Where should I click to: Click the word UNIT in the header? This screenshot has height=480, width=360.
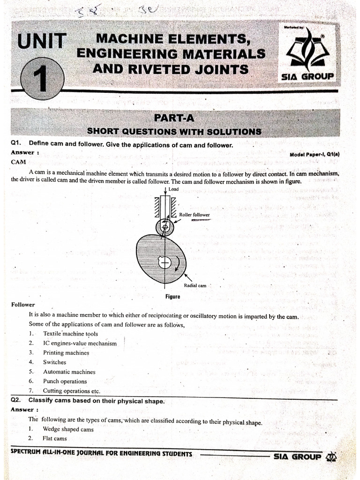[42, 41]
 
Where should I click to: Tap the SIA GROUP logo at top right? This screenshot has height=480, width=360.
[307, 54]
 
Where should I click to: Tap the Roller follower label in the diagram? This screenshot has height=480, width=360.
[194, 215]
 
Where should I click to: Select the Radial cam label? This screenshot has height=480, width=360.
[195, 285]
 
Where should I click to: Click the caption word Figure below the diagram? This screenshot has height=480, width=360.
[172, 297]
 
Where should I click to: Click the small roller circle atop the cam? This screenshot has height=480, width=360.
[165, 227]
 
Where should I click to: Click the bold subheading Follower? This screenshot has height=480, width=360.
[23, 305]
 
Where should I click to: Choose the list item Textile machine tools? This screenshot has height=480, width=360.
[70, 334]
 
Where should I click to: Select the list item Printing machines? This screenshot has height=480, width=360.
[66, 352]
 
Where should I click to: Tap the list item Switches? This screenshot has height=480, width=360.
[55, 362]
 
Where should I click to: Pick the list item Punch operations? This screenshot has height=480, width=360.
[65, 381]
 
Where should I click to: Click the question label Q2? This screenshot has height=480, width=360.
[17, 401]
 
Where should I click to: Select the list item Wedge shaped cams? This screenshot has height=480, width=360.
[68, 429]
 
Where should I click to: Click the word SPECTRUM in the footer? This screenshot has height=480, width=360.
[29, 454]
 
